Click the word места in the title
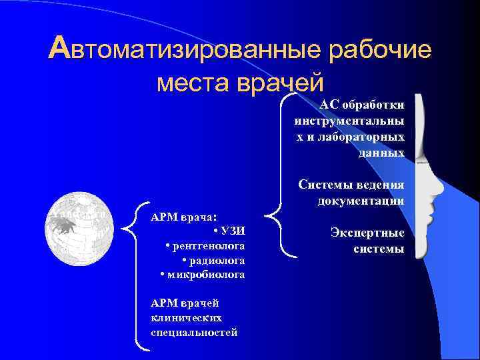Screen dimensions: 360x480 (x=189, y=83)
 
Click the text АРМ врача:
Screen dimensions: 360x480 (x=184, y=217)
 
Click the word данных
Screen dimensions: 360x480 (x=381, y=153)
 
